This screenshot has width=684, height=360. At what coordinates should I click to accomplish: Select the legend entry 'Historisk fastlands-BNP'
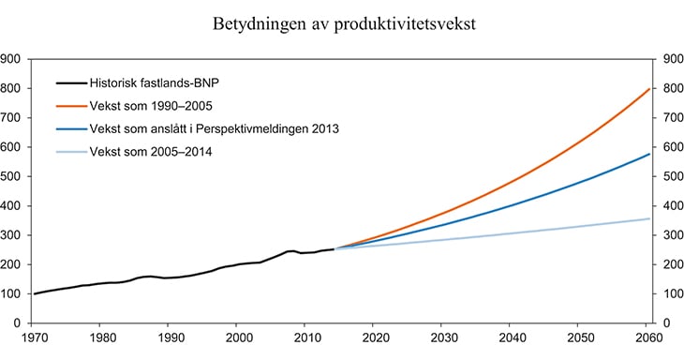coord(154,82)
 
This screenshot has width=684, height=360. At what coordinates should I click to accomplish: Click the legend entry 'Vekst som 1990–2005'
coord(148,106)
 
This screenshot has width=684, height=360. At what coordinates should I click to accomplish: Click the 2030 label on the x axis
coord(444,338)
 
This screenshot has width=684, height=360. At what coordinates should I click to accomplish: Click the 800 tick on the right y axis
coord(672,89)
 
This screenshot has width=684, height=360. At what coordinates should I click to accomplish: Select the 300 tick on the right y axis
coord(672,235)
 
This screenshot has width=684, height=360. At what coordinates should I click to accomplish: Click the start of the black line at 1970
coord(36,293)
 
